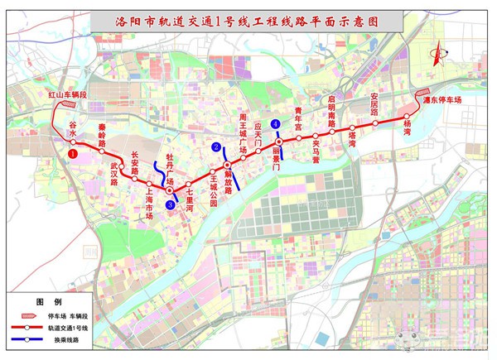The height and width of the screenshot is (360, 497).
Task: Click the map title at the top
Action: (x=248, y=22)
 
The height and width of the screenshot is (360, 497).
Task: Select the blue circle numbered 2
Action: (x=217, y=147)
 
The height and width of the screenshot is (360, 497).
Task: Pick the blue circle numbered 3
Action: (x=170, y=204)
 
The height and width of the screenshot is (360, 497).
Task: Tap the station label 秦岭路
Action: (x=102, y=142)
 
